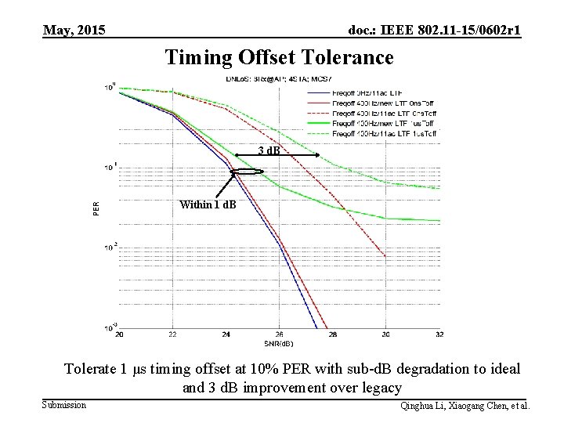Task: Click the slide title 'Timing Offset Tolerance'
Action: tap(279, 58)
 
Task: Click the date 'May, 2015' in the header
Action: tap(74, 31)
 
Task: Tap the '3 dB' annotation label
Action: tap(271, 150)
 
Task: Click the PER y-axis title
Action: tap(96, 208)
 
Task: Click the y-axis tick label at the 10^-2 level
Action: tap(110, 246)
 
